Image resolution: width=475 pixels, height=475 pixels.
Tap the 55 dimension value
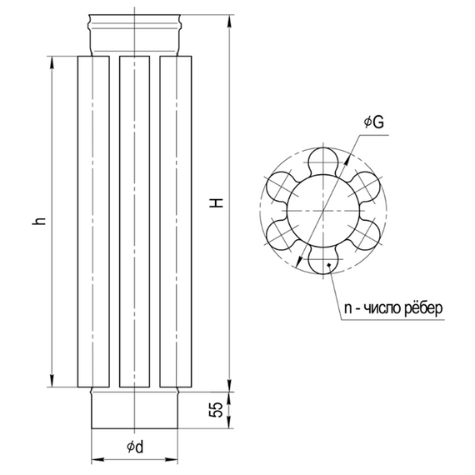point(217,409)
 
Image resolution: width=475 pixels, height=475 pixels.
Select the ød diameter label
point(135,447)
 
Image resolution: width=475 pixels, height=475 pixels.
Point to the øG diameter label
point(373,122)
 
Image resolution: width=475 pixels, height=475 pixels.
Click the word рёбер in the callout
point(423,308)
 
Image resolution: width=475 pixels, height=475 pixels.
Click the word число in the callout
point(382,309)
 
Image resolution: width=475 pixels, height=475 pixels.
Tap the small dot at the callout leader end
point(328,265)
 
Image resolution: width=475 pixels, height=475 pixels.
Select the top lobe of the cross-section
point(323,161)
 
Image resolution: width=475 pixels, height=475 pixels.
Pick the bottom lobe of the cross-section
point(323,260)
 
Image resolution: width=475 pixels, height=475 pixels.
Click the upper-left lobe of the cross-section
point(281,186)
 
